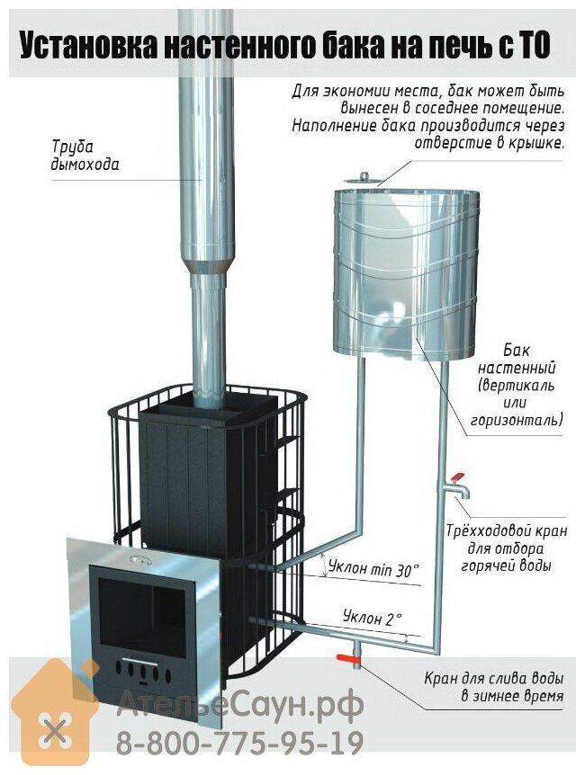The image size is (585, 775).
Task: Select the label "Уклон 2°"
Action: coord(372,618)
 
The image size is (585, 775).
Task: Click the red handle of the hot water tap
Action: coord(456,477)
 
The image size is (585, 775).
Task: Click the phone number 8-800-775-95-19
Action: coord(239,744)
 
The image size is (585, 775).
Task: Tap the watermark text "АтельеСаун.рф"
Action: coord(240,705)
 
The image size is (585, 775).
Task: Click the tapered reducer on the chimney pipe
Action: coord(207,266)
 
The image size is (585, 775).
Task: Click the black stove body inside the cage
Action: coord(193,468)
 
